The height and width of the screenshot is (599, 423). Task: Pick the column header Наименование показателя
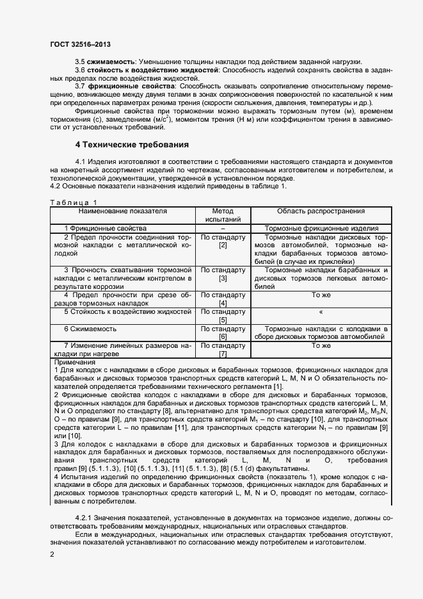coord(124,211)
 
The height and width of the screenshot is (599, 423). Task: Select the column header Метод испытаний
coord(223,215)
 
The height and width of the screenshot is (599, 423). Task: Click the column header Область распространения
coord(321,211)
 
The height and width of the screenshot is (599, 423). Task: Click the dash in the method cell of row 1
coord(223,228)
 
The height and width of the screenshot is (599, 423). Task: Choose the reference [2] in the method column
coord(223,245)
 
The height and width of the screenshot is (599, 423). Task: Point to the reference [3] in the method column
coord(223,279)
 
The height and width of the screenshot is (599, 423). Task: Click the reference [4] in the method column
coord(223,304)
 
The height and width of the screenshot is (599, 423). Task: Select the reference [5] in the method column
coord(223,320)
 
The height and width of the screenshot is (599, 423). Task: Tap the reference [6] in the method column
coord(223,336)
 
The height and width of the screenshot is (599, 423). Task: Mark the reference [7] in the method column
coord(223,354)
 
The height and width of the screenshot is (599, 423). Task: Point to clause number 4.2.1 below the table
coord(86,517)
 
